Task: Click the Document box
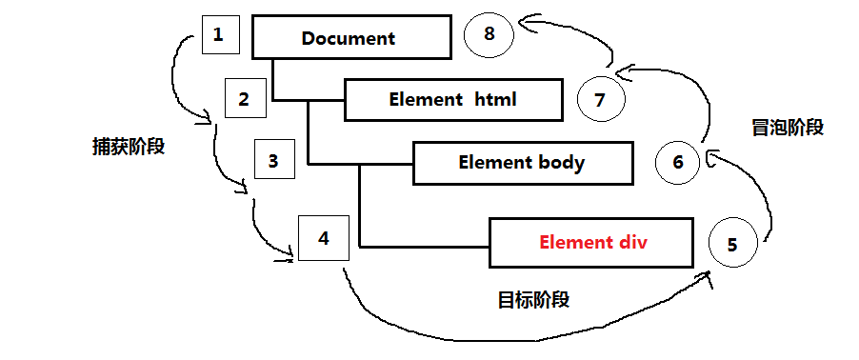coord(349,39)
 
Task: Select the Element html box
coord(452,99)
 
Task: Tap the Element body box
coord(522,162)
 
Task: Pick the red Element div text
coord(592,242)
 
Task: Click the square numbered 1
coord(219,36)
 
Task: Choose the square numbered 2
coord(245,98)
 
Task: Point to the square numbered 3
coord(273,161)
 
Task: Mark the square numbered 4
coord(323,237)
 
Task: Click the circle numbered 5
coord(731,245)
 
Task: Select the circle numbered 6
coord(678,162)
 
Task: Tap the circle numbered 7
coord(600,98)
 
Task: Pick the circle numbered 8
coord(489,35)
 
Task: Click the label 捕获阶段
coord(123,148)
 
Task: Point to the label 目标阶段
coord(533,300)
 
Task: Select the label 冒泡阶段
coord(787,128)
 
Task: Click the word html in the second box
coord(495,99)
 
